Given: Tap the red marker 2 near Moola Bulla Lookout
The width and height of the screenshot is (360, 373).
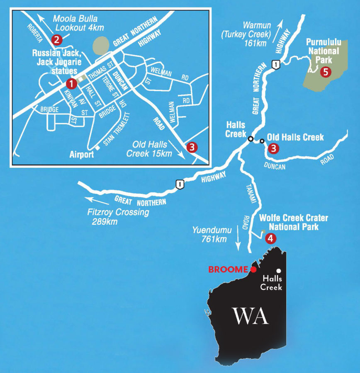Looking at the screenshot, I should (56, 40).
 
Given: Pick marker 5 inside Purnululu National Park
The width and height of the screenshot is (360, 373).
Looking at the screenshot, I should (326, 72).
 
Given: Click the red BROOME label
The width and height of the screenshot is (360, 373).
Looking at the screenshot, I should (228, 269).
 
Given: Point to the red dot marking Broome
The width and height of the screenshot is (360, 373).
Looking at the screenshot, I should (253, 269).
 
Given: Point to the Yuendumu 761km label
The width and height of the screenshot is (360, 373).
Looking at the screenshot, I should (210, 235).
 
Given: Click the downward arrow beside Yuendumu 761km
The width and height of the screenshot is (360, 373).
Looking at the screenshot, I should (238, 240).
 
